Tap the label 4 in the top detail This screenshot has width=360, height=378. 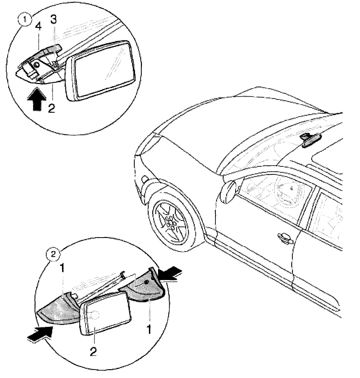pyautogui.click(x=39, y=27)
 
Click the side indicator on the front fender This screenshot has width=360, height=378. pyautogui.click(x=145, y=178)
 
